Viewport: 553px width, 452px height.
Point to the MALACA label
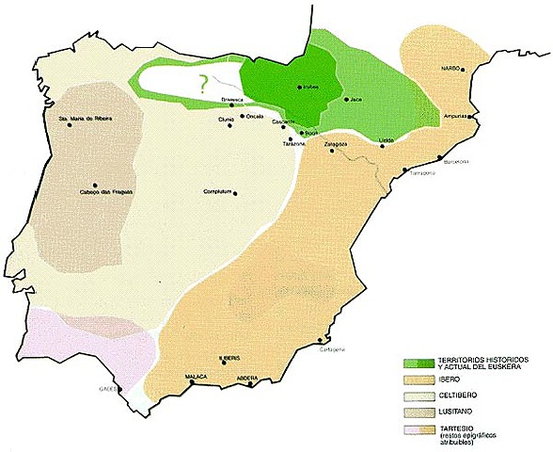(195, 376)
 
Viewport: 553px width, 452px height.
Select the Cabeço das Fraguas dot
(95, 185)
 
